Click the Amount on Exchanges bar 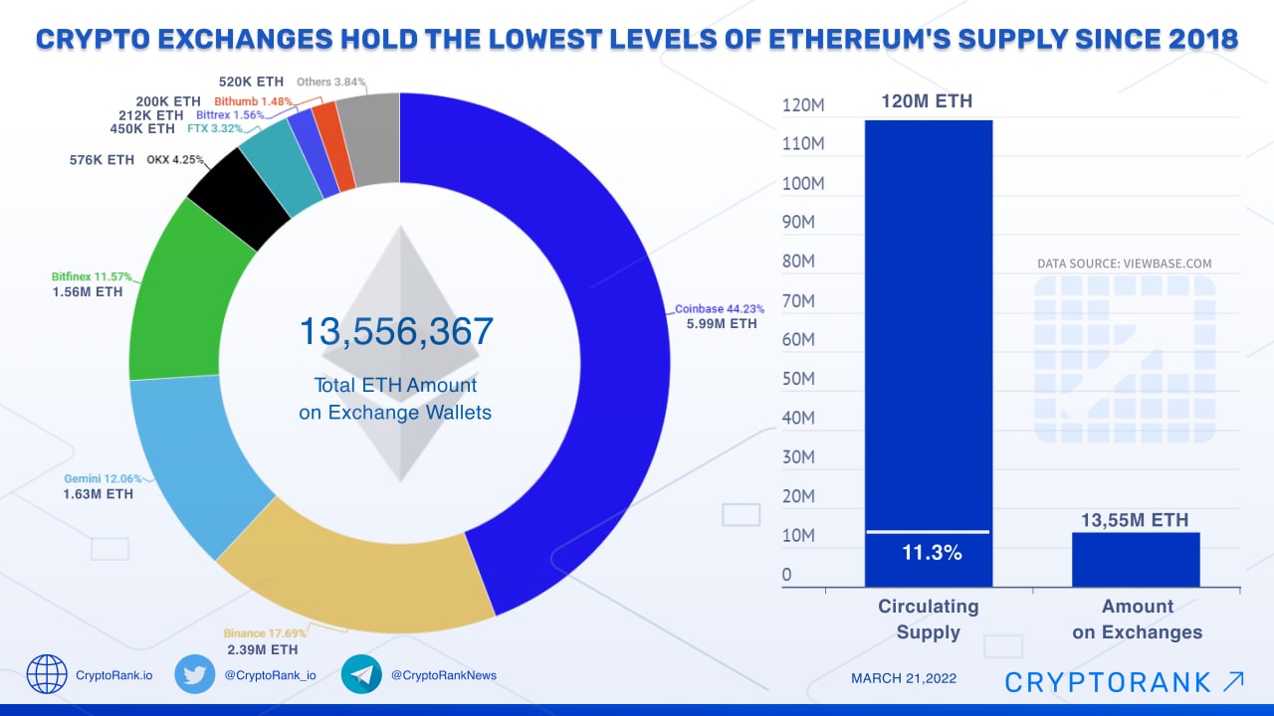(1136, 559)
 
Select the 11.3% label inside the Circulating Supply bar (932, 554)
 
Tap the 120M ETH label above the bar (926, 101)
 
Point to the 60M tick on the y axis (797, 340)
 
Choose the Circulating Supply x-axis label (928, 619)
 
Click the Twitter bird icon (195, 674)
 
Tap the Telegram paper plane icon (361, 674)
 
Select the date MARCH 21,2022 (904, 678)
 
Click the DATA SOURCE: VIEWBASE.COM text (1125, 264)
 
